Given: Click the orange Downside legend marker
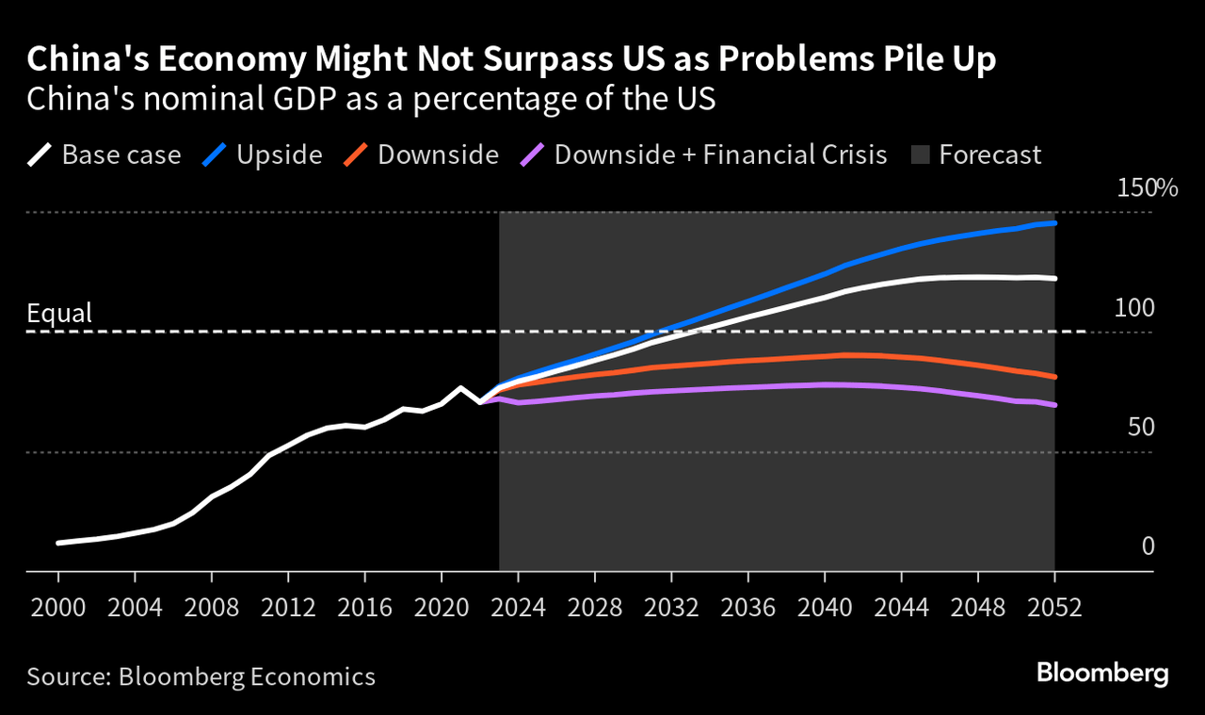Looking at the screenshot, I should coord(355,154).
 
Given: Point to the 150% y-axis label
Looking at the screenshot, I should coord(1147,188).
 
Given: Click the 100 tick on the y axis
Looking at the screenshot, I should coord(1134,308).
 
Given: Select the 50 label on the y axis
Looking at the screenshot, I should coord(1141,428).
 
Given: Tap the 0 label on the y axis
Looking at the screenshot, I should coord(1148,546).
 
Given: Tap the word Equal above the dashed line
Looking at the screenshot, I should coord(59,313).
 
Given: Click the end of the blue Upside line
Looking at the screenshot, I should coord(1054,223).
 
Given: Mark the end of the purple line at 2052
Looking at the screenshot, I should coord(1054,405).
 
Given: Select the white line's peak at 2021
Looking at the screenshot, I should coord(460,387).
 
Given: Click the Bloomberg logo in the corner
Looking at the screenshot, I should coord(1102,674).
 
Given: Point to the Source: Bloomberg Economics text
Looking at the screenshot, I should coord(201,676).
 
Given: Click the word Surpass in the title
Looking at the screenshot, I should coord(532,59).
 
